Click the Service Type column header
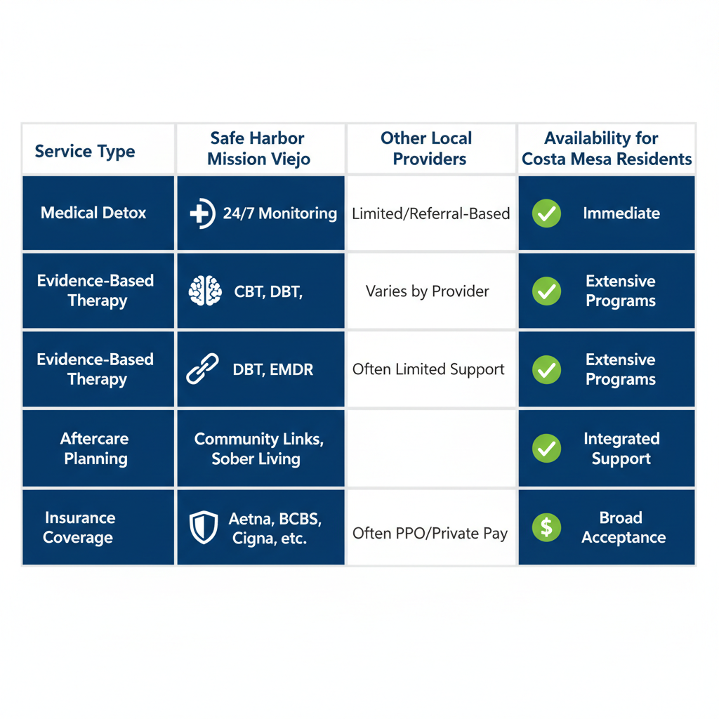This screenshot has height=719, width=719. pos(85,151)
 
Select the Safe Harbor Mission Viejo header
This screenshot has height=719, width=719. pos(258,149)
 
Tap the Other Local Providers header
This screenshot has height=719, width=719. pos(428,149)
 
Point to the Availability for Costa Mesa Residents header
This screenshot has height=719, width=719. pos(607,149)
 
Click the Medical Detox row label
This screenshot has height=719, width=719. pos(93,213)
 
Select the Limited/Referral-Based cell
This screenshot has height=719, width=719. pos(431,213)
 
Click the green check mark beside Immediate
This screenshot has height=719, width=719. pos(546,213)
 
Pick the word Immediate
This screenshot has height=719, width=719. pos(621,213)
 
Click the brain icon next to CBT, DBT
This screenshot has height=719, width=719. pos(205,291)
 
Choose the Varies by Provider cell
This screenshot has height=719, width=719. pos(428,291)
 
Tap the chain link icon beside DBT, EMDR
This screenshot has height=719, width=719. pos(202,369)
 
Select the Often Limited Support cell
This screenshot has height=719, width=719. pos(428,369)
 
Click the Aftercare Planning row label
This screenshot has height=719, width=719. pos(94,449)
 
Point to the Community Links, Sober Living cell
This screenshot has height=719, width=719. pos(258,449)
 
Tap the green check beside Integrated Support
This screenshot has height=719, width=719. pos(546,449)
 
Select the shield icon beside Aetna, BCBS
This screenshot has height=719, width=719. pos(204,527)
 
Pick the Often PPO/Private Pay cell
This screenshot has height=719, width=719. pos(430,533)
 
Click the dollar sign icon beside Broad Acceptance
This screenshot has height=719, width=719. pos(546,527)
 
